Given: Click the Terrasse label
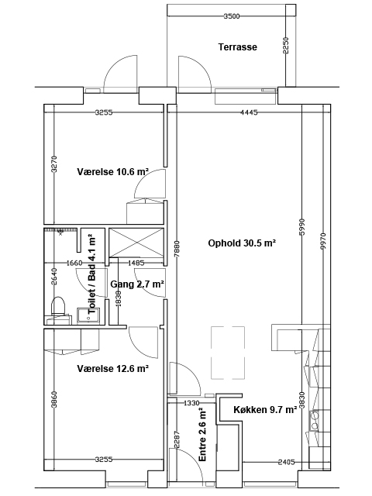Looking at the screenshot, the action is [x=238, y=47].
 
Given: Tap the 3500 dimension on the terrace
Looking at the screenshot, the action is [x=232, y=16].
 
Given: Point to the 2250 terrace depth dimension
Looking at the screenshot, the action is [x=286, y=46].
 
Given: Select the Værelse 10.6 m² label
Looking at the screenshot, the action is [x=113, y=172].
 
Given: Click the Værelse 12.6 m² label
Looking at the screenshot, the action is [x=113, y=369].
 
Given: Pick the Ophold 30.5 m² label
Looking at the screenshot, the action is [x=242, y=243].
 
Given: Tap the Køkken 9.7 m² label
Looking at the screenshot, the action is [x=265, y=410].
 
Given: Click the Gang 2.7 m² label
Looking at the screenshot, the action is [x=137, y=284].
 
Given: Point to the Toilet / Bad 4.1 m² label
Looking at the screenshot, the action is [x=91, y=274].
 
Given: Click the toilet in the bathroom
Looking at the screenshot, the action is [x=58, y=306].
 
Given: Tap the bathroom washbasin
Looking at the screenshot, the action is [x=88, y=316].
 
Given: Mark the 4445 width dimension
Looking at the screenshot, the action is [x=250, y=112].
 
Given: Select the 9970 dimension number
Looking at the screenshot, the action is [x=322, y=242].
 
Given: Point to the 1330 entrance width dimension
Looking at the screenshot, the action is [x=191, y=403].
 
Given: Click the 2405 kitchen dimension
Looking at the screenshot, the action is [x=286, y=462].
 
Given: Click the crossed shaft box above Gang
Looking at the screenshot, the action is [x=136, y=243].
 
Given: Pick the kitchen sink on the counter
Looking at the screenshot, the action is [x=315, y=420].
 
